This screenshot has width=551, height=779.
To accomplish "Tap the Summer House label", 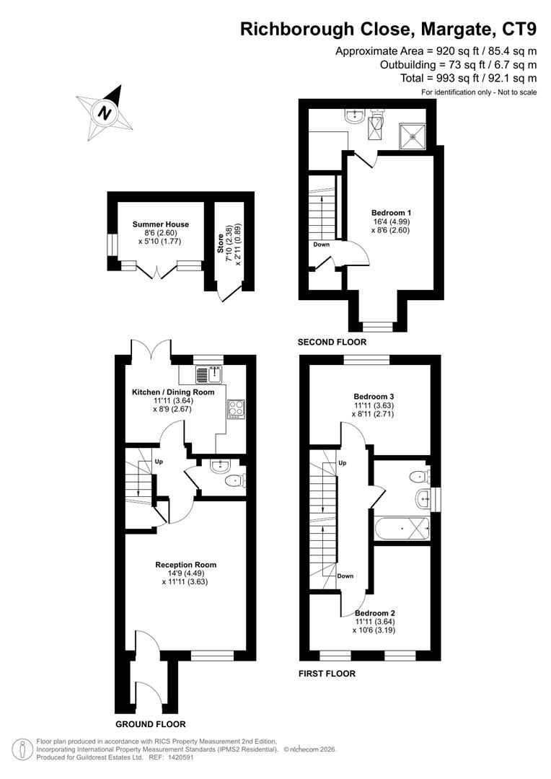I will point(160,224).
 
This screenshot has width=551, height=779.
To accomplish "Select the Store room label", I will point(221,242).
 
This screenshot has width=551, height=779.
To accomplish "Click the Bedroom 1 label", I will point(391,213).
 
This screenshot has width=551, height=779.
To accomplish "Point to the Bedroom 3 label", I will point(373,397).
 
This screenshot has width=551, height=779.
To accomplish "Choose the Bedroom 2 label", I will point(374,613).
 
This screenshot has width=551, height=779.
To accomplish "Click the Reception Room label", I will point(185,565).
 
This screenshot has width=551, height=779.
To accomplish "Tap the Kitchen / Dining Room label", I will point(173,392).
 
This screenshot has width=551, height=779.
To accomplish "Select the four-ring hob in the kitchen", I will point(236,409).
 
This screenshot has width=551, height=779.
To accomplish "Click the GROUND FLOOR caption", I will point(151,724).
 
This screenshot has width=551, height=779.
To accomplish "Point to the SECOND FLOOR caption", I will point(332,342).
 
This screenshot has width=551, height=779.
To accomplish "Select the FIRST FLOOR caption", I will point(327,674).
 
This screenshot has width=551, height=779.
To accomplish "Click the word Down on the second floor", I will point(322,245).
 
